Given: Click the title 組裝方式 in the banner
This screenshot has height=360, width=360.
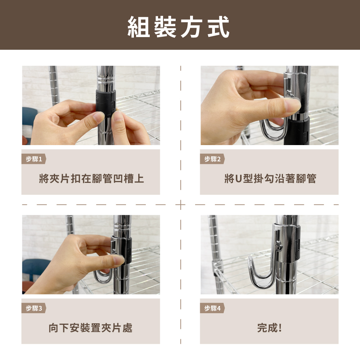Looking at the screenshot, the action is pyautogui.click(x=179, y=27).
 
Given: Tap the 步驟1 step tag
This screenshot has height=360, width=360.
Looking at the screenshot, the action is pyautogui.click(x=34, y=159).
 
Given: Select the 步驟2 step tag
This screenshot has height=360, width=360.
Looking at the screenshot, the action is pyautogui.click(x=212, y=159).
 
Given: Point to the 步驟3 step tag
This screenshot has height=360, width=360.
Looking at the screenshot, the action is pyautogui.click(x=34, y=308).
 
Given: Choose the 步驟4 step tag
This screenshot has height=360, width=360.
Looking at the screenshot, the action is pyautogui.click(x=212, y=308).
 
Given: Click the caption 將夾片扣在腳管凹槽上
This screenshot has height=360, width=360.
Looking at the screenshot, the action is pyautogui.click(x=91, y=179).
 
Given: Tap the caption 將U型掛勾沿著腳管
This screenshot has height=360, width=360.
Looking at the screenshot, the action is pyautogui.click(x=270, y=179).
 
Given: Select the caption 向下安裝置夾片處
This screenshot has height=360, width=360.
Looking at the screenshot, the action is pyautogui.click(x=90, y=328).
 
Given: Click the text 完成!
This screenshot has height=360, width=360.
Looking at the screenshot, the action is pyautogui.click(x=269, y=328).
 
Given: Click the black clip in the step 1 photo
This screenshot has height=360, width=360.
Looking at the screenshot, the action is pyautogui.click(x=105, y=103).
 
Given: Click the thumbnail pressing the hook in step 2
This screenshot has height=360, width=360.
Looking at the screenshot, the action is pyautogui.click(x=293, y=105).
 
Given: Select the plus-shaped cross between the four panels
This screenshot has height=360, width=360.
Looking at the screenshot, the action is pyautogui.click(x=181, y=204).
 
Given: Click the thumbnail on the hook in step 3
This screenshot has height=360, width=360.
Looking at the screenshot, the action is pyautogui.click(x=119, y=260).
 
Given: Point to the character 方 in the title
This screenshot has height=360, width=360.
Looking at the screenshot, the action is pyautogui.click(x=191, y=27).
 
